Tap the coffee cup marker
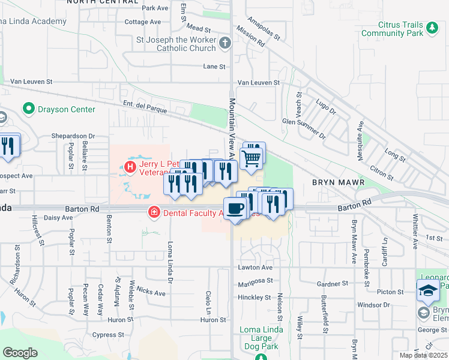pyautogui.click(x=236, y=208)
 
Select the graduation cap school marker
pyautogui.click(x=428, y=290)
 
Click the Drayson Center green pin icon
pyautogui.click(x=28, y=109)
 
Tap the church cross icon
pyautogui.click(x=225, y=43)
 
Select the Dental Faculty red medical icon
pyautogui.click(x=154, y=212)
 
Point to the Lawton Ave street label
pyautogui.click(x=255, y=268)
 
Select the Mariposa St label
pyautogui.click(x=255, y=280)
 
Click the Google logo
pyautogui.click(x=20, y=353)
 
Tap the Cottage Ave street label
pyautogui.click(x=143, y=22)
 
